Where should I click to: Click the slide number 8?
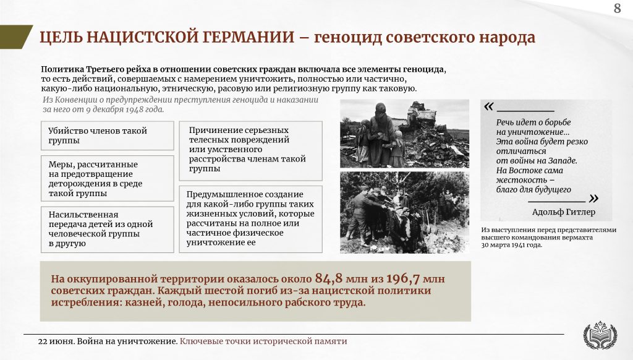tap(618, 8)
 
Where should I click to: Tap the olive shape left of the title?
tap(15, 36)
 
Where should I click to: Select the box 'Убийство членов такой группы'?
tap(108, 135)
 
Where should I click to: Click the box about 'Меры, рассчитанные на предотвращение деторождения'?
tap(108, 179)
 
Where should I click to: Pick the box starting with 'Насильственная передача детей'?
tap(108, 229)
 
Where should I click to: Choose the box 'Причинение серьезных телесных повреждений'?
tap(251, 151)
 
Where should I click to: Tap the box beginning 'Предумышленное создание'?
tap(251, 219)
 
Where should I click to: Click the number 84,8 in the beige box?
tap(329, 278)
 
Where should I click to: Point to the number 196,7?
tap(403, 278)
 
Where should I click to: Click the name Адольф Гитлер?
tap(564, 212)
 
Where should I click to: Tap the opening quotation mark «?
tap(488, 106)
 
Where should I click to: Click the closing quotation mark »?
tap(593, 199)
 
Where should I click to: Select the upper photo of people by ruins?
tap(404, 134)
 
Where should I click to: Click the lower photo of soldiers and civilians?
tap(404, 213)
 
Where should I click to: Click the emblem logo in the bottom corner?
tap(600, 335)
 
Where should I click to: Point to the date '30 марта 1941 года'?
tap(511, 245)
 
